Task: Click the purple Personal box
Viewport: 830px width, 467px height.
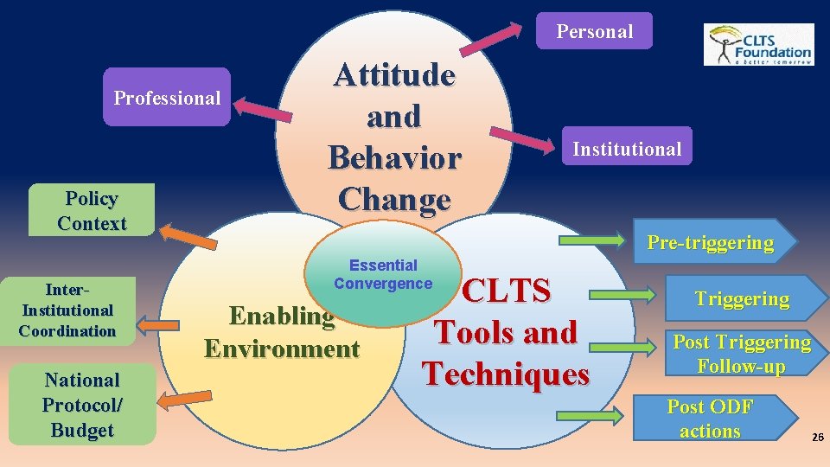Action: (594, 31)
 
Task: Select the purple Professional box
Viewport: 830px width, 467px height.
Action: (167, 98)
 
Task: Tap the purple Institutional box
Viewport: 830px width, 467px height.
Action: (627, 149)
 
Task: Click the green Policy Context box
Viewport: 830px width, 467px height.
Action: (92, 210)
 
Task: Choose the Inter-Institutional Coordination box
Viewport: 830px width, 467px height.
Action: (68, 310)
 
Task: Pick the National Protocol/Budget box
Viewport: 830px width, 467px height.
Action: (83, 405)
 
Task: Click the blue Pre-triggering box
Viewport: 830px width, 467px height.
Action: (710, 242)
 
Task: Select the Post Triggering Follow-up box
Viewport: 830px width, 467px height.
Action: (742, 354)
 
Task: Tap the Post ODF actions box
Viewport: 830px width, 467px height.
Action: (711, 419)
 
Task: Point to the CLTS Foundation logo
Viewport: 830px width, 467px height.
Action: (758, 45)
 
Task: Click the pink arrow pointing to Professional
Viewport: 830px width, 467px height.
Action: (263, 111)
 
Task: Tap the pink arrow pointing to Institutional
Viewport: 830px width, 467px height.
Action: (521, 138)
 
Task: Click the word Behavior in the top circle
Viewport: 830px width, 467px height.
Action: (394, 158)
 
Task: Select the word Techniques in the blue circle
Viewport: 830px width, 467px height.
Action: (506, 374)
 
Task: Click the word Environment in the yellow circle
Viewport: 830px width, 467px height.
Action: (282, 349)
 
